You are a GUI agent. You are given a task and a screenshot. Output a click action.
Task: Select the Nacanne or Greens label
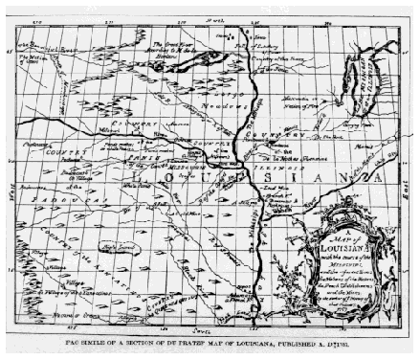click(52, 315)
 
